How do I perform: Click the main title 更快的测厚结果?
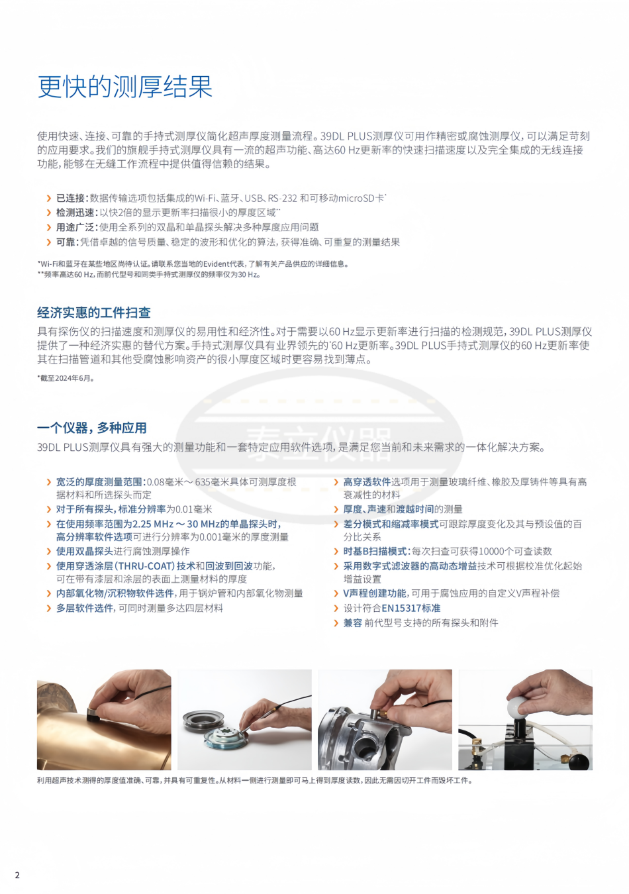click(x=124, y=87)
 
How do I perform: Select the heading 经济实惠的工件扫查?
click(x=94, y=313)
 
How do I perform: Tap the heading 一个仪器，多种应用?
click(x=92, y=428)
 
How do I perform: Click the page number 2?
click(x=17, y=875)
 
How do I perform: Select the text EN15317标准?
click(x=411, y=608)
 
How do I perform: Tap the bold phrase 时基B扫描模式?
click(x=376, y=551)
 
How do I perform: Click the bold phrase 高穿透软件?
click(x=367, y=481)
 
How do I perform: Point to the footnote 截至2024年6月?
click(x=66, y=378)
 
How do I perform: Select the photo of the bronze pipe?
click(x=104, y=720)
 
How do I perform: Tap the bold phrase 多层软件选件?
click(x=85, y=608)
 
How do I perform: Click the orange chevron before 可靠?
click(x=49, y=242)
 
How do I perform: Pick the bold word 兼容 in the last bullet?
click(x=353, y=623)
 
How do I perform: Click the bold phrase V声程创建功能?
click(x=375, y=593)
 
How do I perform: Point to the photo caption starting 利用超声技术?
click(x=255, y=780)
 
